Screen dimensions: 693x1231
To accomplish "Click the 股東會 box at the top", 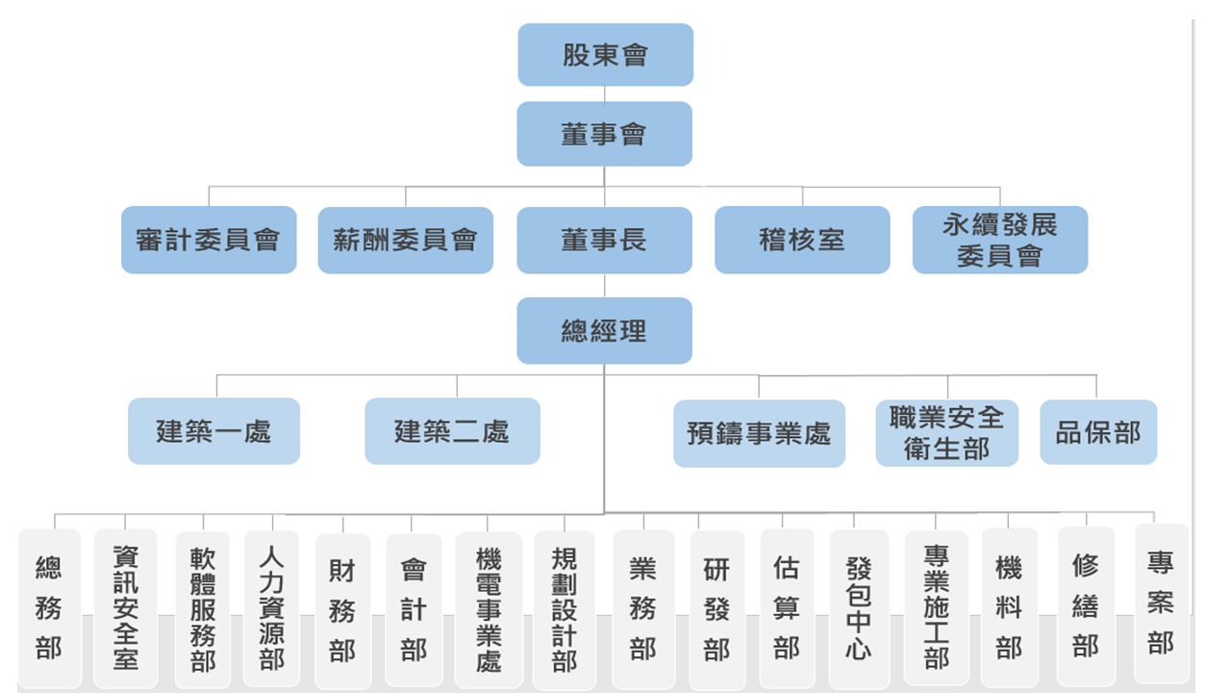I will pyautogui.click(x=605, y=55).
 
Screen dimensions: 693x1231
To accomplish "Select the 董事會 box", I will pyautogui.click(x=604, y=134).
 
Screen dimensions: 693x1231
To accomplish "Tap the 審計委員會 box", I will pyautogui.click(x=209, y=240).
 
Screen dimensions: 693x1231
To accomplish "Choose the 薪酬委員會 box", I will pyautogui.click(x=405, y=240).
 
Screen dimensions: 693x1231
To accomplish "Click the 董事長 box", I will pyautogui.click(x=604, y=240).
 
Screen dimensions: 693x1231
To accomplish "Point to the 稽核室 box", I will pyautogui.click(x=802, y=240).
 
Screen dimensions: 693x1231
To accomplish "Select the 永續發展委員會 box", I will pyautogui.click(x=1000, y=240).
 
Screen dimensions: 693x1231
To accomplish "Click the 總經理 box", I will pyautogui.click(x=604, y=331).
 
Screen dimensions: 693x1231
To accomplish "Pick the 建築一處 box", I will pyautogui.click(x=214, y=431).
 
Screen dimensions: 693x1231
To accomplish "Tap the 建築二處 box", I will pyautogui.click(x=452, y=431).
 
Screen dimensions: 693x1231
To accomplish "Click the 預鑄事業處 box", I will pyautogui.click(x=759, y=433).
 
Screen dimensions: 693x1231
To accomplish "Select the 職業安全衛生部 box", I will pyautogui.click(x=946, y=433).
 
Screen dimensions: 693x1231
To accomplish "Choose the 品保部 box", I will pyautogui.click(x=1098, y=432).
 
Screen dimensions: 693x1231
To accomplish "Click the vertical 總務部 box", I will pyautogui.click(x=49, y=607).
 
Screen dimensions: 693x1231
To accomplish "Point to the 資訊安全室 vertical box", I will pyautogui.click(x=125, y=607).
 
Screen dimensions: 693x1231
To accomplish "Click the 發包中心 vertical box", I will pyautogui.click(x=859, y=608).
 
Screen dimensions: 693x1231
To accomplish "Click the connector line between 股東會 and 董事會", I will pyautogui.click(x=605, y=93).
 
